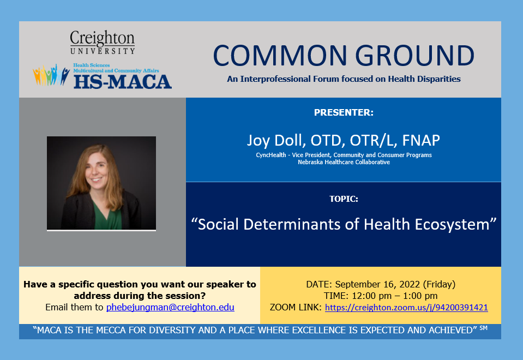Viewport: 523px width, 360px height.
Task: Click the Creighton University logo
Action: [103, 43]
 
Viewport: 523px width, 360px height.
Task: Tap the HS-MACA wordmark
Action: [122, 82]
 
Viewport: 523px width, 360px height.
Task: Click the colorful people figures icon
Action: [51, 75]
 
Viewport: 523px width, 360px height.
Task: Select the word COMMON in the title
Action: [280, 56]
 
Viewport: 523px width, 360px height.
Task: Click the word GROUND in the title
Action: [414, 56]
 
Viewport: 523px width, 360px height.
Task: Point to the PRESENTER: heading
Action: [344, 112]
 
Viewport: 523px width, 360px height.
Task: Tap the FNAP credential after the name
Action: [421, 140]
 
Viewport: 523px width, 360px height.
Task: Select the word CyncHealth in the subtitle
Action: [271, 155]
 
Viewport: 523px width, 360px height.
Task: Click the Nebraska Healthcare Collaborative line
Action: [344, 162]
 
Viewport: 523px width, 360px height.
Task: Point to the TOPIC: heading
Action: [344, 199]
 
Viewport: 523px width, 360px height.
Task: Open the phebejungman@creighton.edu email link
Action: [170, 307]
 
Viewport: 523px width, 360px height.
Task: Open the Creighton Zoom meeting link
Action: [406, 307]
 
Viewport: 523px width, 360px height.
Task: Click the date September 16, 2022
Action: [377, 284]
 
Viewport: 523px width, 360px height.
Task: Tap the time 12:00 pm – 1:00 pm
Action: [395, 296]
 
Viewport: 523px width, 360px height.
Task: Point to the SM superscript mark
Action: [483, 328]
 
